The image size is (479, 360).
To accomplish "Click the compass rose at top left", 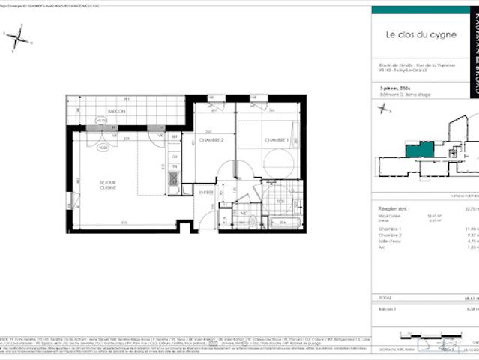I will coord(18,37).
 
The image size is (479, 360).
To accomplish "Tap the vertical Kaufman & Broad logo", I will coord(472,45).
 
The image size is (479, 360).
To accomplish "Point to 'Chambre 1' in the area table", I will coord(391,229).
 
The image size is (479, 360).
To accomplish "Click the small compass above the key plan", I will coord(385,109).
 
